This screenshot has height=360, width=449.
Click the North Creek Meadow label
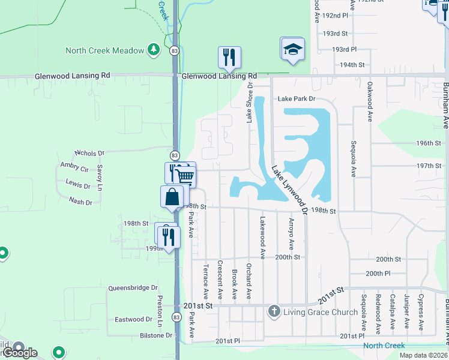click(x=104, y=50)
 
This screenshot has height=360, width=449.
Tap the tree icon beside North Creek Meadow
click(x=153, y=50)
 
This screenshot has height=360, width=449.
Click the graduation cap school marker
click(x=292, y=49)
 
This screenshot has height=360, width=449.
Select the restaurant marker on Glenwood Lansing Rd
click(x=229, y=57)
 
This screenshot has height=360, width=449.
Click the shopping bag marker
click(x=172, y=197)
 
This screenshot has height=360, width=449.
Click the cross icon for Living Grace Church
click(x=274, y=311)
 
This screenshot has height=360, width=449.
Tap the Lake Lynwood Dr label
click(x=289, y=190)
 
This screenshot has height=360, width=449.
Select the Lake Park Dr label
click(x=296, y=99)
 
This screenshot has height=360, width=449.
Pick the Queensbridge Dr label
click(x=133, y=288)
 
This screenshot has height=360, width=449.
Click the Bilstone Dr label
click(x=155, y=335)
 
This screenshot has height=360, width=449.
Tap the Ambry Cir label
click(x=74, y=167)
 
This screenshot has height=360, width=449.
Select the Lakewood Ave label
click(x=262, y=234)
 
